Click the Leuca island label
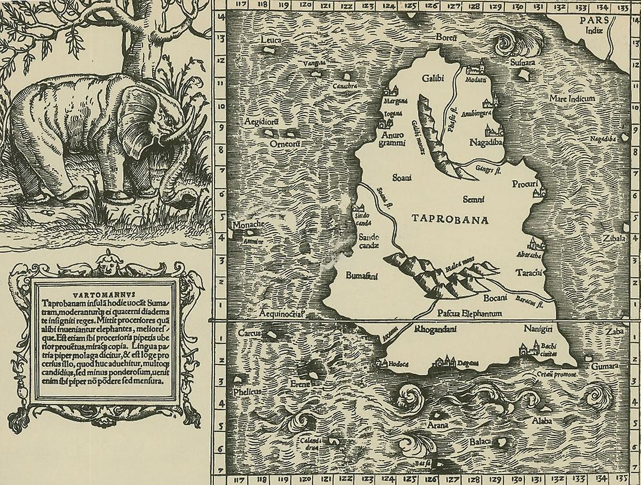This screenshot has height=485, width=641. [272, 40]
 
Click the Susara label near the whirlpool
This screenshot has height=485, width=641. [520, 64]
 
